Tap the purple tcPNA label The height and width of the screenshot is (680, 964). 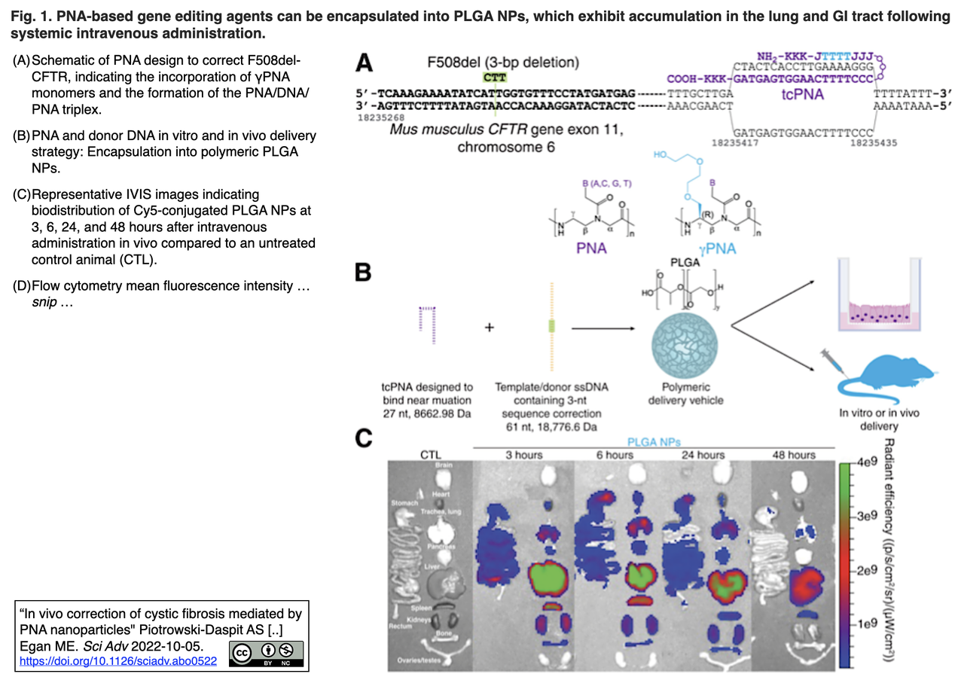click(799, 96)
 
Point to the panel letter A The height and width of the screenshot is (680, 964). click(364, 63)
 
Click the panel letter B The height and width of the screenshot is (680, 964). click(364, 272)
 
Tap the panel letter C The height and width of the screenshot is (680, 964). click(364, 439)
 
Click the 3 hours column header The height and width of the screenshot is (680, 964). click(524, 455)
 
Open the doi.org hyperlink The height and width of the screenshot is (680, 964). click(117, 661)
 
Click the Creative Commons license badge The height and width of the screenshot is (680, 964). click(267, 653)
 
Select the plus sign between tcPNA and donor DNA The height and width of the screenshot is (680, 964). click(490, 328)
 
